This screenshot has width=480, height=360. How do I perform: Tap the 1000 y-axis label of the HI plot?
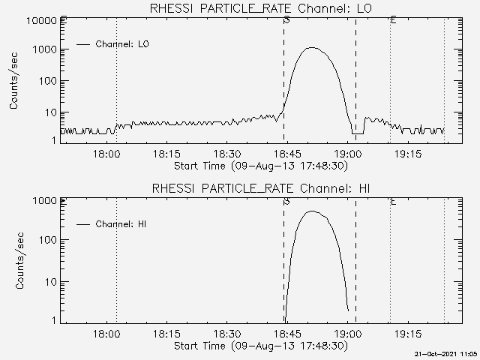(44, 200)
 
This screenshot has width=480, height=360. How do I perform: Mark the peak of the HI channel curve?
(312, 211)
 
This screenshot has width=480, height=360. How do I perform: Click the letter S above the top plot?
(287, 20)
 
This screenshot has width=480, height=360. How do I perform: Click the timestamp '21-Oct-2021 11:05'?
(448, 353)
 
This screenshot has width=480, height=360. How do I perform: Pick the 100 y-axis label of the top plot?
(46, 80)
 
